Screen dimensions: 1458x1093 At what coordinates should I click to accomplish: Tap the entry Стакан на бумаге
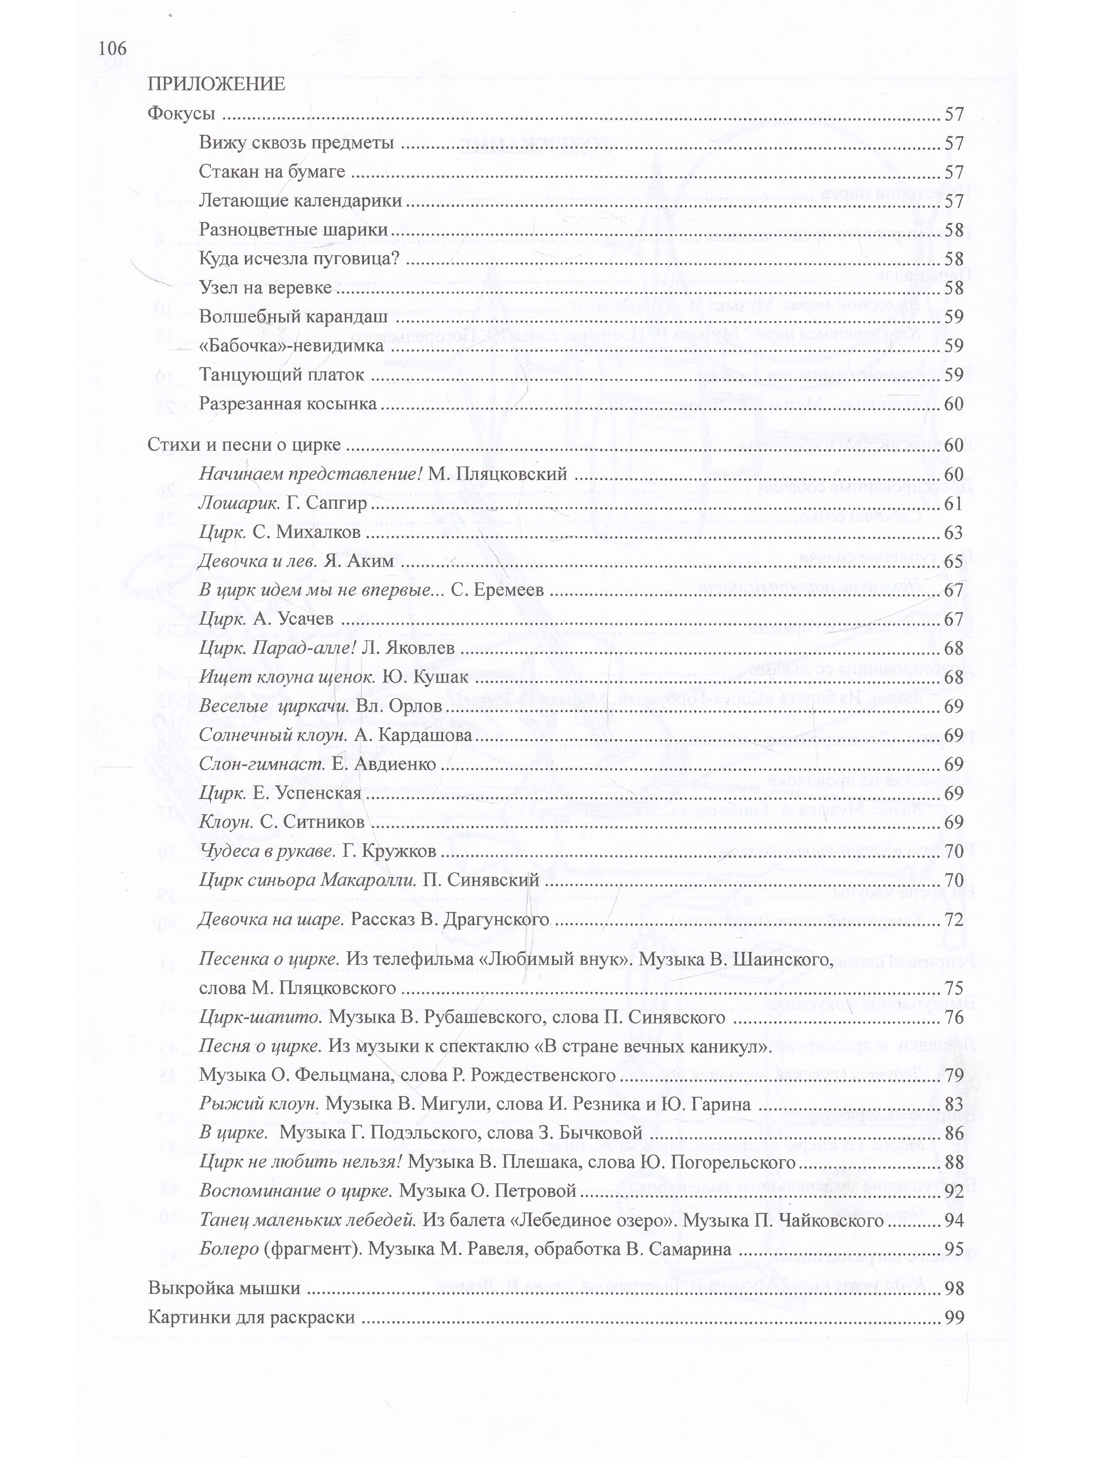coord(271,172)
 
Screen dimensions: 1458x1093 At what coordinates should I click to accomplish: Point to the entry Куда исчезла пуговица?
coord(299,258)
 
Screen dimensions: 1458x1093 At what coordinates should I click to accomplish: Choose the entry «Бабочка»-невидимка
coord(291,346)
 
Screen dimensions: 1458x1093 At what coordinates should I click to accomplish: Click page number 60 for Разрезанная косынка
coord(953,404)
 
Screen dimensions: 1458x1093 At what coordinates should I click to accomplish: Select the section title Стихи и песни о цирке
coord(244,445)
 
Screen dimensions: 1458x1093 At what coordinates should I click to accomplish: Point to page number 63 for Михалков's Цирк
coord(953,533)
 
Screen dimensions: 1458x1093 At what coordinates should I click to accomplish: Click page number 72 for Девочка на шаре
coord(953,920)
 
